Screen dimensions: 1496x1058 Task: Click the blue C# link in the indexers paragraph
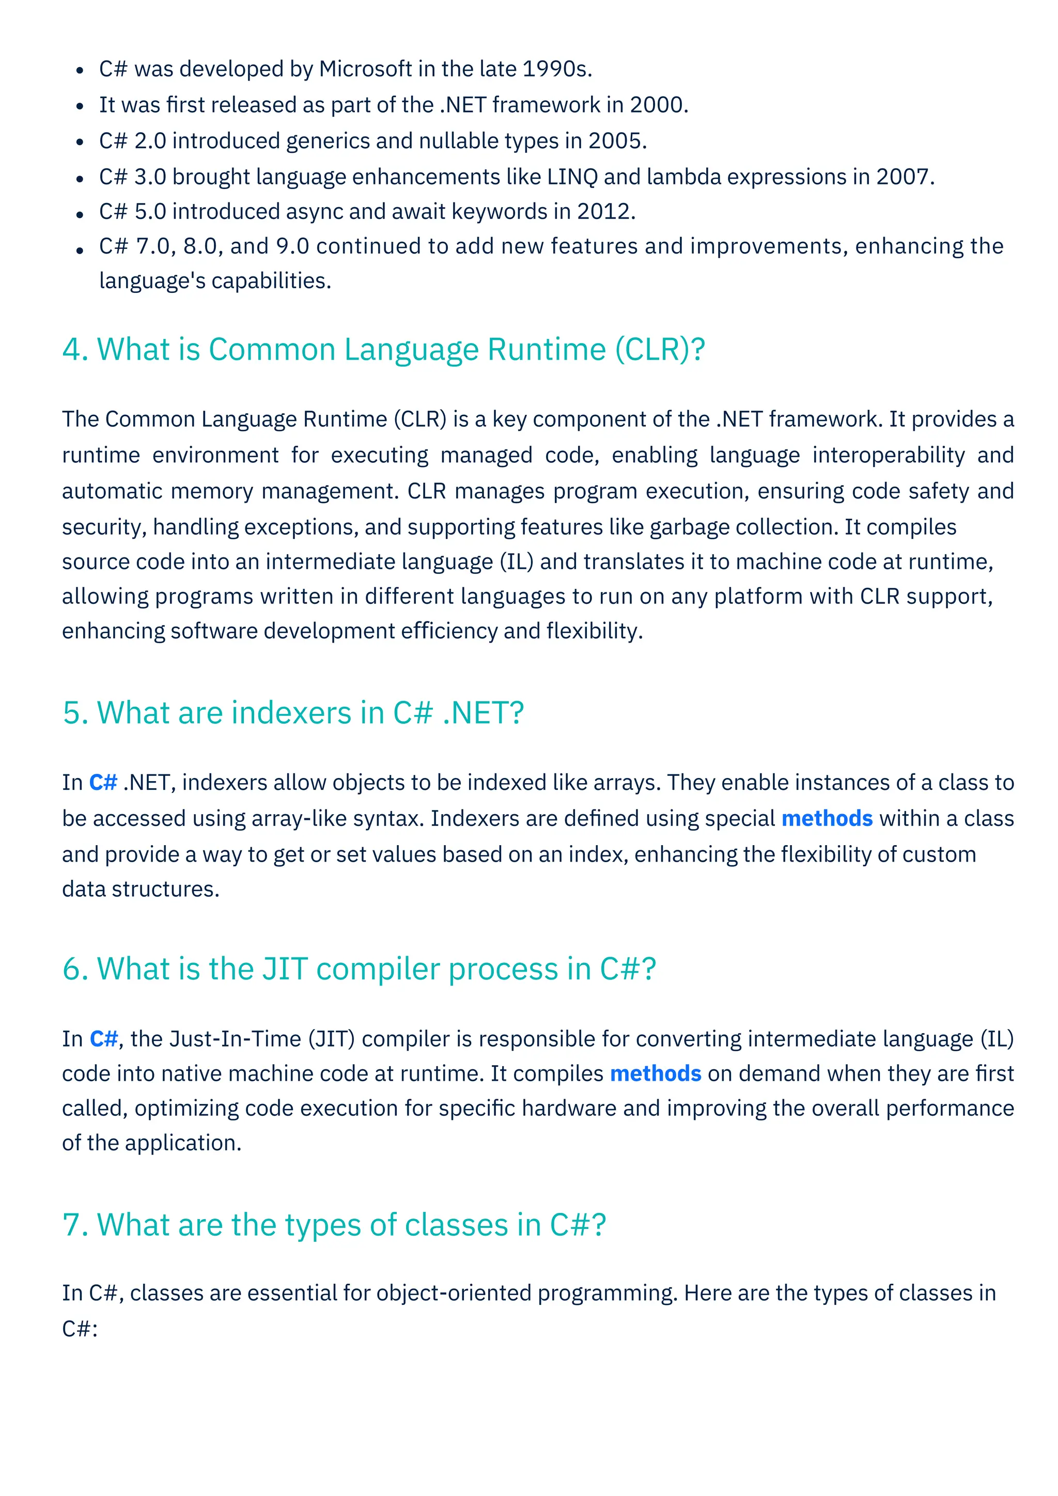(103, 782)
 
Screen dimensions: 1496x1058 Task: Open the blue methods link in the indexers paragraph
(827, 818)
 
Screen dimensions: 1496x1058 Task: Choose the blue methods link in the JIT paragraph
(656, 1074)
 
